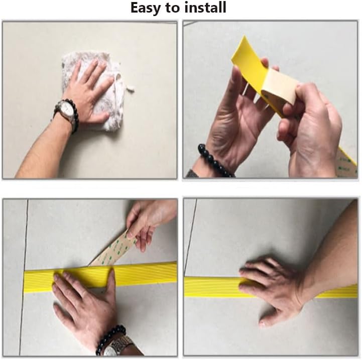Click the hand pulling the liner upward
pos(148,221)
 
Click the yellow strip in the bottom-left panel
pos(146,274)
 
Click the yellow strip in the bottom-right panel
pos(211,287)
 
